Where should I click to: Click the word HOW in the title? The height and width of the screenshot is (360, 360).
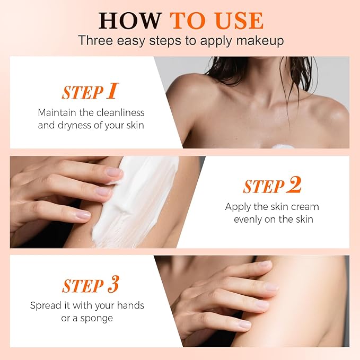130,21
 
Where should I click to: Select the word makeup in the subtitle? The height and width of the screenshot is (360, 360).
260,41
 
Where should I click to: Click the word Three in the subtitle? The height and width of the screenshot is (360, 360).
95,40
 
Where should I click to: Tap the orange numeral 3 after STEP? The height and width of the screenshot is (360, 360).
113,285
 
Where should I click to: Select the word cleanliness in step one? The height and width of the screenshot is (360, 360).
120,112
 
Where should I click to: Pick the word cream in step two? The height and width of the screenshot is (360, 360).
305,207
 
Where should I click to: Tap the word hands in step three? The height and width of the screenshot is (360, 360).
130,305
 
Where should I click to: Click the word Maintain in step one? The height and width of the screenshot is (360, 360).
57,112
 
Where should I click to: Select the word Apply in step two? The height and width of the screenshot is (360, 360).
238,207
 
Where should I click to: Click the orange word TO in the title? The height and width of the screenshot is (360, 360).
189,21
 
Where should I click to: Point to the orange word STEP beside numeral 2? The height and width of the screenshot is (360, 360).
264,186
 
